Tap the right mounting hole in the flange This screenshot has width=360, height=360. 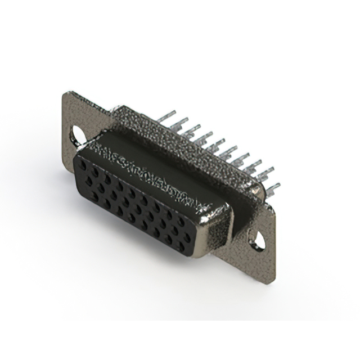(x=258, y=241)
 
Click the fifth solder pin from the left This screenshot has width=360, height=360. (x=216, y=145)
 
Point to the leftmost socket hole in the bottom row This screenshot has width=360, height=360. (x=94, y=196)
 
